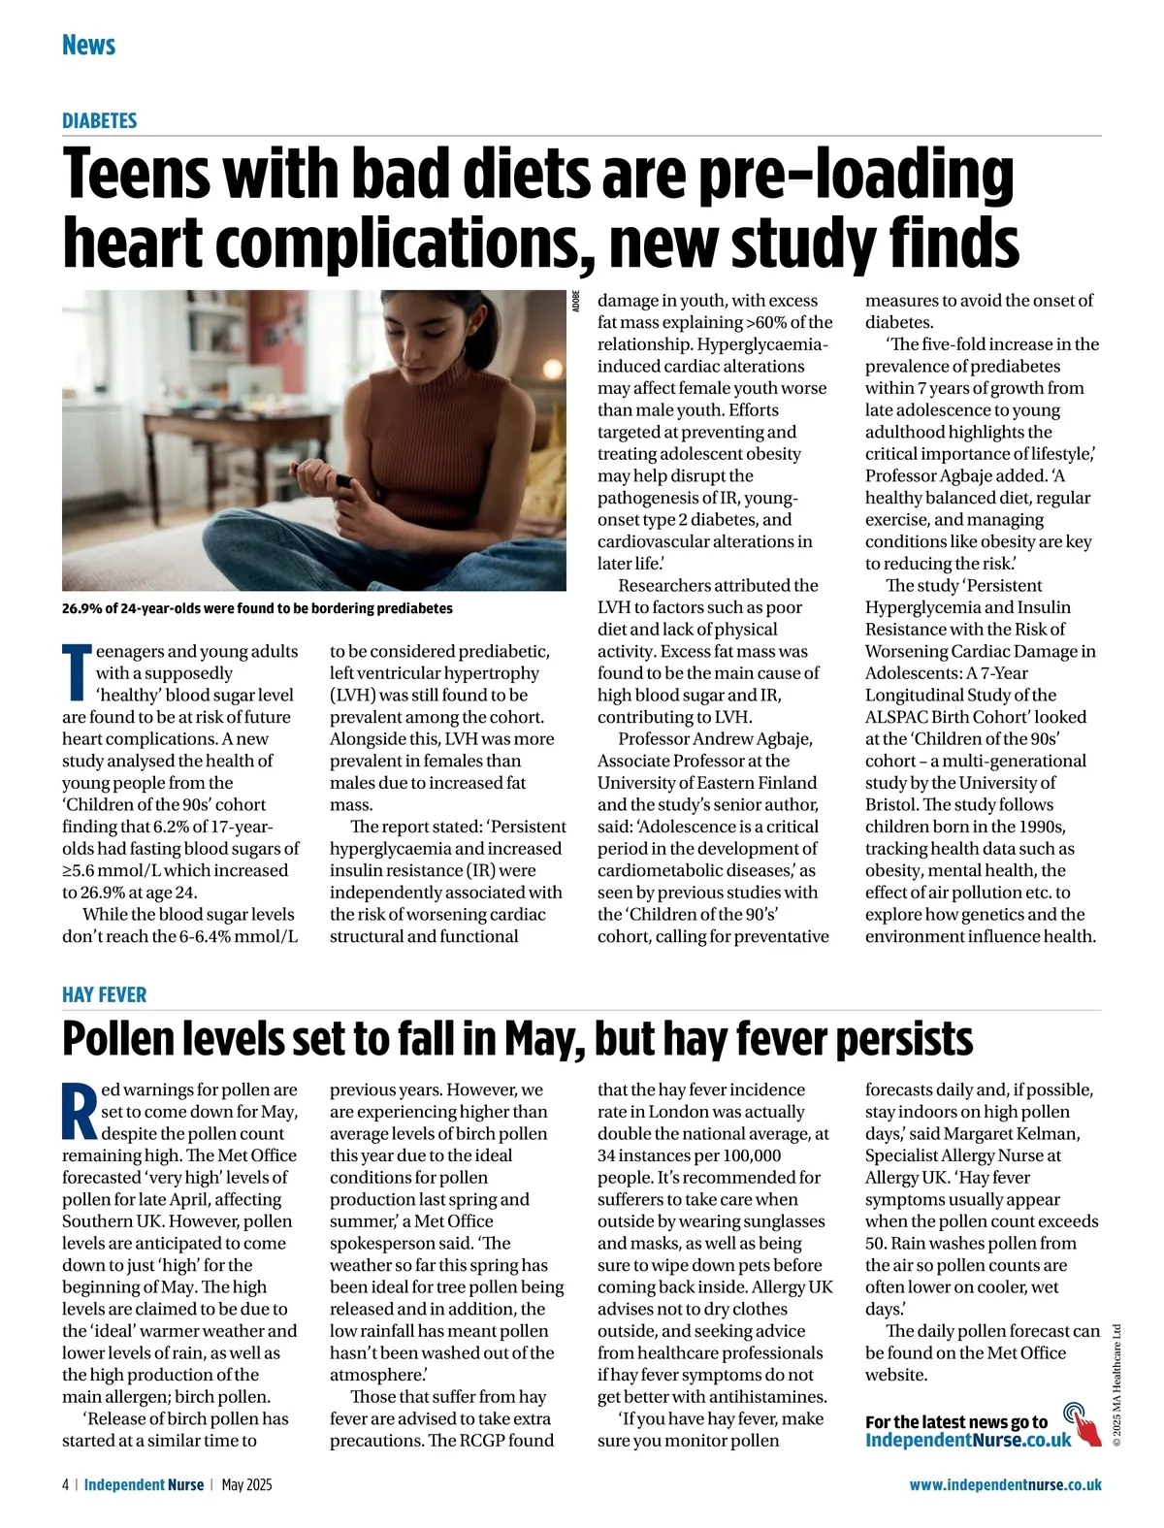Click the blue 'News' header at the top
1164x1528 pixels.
point(88,45)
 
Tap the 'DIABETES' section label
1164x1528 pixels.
point(99,120)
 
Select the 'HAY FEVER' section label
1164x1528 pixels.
point(104,994)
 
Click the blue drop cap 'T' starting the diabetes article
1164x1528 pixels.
point(77,671)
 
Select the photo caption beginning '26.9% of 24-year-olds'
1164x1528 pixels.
point(257,608)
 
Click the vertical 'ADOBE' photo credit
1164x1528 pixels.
point(576,301)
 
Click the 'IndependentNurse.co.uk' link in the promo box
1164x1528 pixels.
point(967,1440)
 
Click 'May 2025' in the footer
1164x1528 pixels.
point(246,1484)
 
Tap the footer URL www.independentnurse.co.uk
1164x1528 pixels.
point(1005,1484)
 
